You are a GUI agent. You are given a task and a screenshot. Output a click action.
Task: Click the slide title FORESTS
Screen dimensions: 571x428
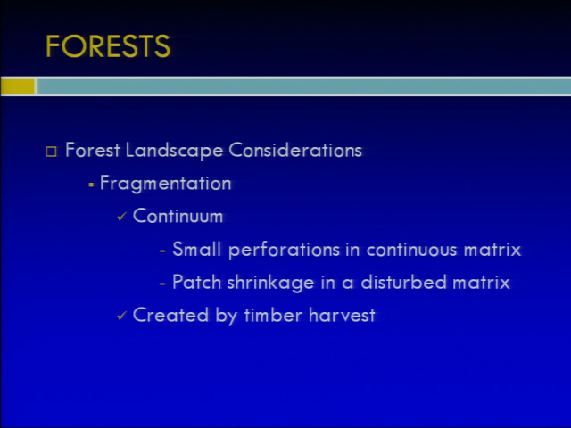coord(108,46)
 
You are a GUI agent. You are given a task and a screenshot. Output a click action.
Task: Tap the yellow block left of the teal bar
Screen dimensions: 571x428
coord(18,86)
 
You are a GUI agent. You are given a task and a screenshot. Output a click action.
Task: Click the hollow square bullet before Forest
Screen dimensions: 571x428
coord(52,151)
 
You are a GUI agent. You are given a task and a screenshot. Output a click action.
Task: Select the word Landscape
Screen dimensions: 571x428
coord(174,151)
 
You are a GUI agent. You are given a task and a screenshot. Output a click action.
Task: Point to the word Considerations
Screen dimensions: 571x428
coord(295,150)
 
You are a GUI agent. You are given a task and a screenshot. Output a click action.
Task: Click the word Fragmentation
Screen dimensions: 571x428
coord(166,183)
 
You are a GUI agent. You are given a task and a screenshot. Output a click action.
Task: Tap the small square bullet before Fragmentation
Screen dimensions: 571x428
coord(91,185)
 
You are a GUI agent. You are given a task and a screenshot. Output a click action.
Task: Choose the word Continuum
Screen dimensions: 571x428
coord(178,216)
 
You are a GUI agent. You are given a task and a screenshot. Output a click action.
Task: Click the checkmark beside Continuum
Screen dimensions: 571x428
coord(121,217)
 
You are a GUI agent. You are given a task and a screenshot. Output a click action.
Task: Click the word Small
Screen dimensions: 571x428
coord(196,249)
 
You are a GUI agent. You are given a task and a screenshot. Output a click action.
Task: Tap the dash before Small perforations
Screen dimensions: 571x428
coord(162,251)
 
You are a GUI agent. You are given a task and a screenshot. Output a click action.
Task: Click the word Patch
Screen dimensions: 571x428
coord(196,282)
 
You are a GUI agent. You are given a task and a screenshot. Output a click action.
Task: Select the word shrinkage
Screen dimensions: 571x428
coord(270,283)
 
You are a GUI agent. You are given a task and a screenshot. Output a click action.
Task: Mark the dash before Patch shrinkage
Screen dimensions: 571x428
coord(162,284)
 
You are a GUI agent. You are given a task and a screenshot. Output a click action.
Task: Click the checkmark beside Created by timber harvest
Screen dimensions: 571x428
coord(121,316)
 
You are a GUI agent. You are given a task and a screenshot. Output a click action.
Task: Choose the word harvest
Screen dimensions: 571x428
coord(342,315)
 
